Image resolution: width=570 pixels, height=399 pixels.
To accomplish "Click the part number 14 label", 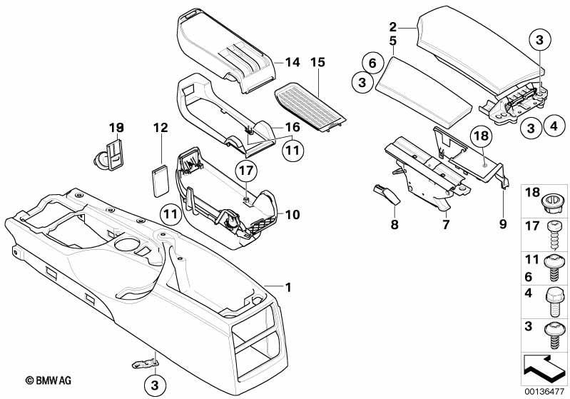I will point(292,62).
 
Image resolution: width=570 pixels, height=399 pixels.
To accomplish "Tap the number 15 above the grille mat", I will point(318,62).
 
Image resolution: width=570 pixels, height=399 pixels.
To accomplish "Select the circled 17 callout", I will point(245,171).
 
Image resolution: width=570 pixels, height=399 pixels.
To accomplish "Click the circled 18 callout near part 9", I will point(480,136).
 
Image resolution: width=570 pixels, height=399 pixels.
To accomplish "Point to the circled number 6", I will point(370,62).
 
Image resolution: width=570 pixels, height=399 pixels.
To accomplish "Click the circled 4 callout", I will point(551,127).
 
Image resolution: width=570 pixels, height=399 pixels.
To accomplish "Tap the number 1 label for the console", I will point(289,288).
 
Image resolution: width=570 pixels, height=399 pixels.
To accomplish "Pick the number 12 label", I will point(160,127).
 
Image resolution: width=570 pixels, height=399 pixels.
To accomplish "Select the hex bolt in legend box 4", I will point(554,295).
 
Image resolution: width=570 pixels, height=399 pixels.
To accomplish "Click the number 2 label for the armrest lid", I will point(392,27).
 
